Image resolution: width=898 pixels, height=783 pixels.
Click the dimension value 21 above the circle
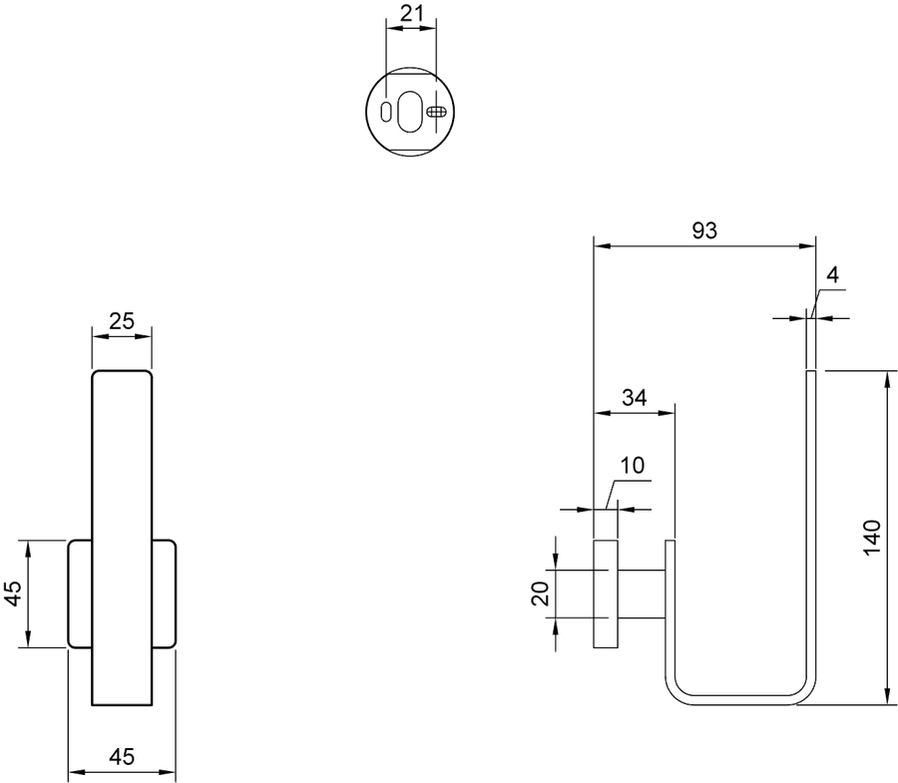click(x=411, y=13)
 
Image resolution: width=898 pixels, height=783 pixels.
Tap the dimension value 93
click(x=704, y=230)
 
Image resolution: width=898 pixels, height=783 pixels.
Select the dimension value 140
click(x=872, y=537)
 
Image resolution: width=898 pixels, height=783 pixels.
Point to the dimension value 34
click(x=635, y=397)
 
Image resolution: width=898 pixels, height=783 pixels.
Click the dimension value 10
click(x=633, y=466)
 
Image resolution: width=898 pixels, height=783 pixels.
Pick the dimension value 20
click(x=541, y=593)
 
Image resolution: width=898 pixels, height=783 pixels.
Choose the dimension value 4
click(x=833, y=275)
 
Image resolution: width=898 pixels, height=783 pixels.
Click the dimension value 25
click(x=122, y=321)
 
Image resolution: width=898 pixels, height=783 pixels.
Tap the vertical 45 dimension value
click(x=13, y=593)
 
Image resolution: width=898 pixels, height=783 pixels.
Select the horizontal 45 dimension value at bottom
click(x=122, y=757)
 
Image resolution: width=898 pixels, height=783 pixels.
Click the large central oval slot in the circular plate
click(x=409, y=111)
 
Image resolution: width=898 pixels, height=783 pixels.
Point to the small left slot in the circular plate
click(x=386, y=111)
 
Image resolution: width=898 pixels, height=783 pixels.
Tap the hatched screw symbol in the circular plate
click(x=436, y=111)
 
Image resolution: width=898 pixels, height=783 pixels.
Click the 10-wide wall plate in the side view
click(x=606, y=593)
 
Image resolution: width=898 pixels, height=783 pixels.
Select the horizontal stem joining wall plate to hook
click(x=642, y=594)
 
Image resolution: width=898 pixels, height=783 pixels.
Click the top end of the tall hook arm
click(x=811, y=371)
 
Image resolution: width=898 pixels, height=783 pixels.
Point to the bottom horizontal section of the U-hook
click(x=740, y=700)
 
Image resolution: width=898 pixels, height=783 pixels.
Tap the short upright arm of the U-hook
click(x=671, y=606)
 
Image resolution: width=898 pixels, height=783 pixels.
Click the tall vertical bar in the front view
click(x=122, y=538)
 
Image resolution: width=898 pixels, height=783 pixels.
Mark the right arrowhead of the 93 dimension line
click(x=807, y=246)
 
